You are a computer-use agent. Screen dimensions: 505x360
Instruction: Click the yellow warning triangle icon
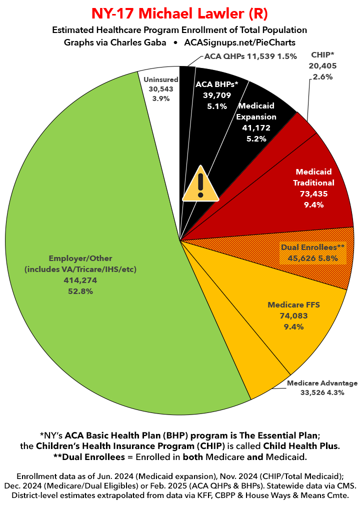(x=200, y=184)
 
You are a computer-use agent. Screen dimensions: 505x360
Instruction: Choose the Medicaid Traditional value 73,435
(x=314, y=193)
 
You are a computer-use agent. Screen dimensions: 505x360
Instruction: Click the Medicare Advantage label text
(x=322, y=383)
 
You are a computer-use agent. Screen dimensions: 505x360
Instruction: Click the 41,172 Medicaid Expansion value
(x=257, y=128)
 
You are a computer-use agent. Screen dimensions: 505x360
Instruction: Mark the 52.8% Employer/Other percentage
(x=80, y=291)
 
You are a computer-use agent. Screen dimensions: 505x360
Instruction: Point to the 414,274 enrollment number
(x=80, y=280)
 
